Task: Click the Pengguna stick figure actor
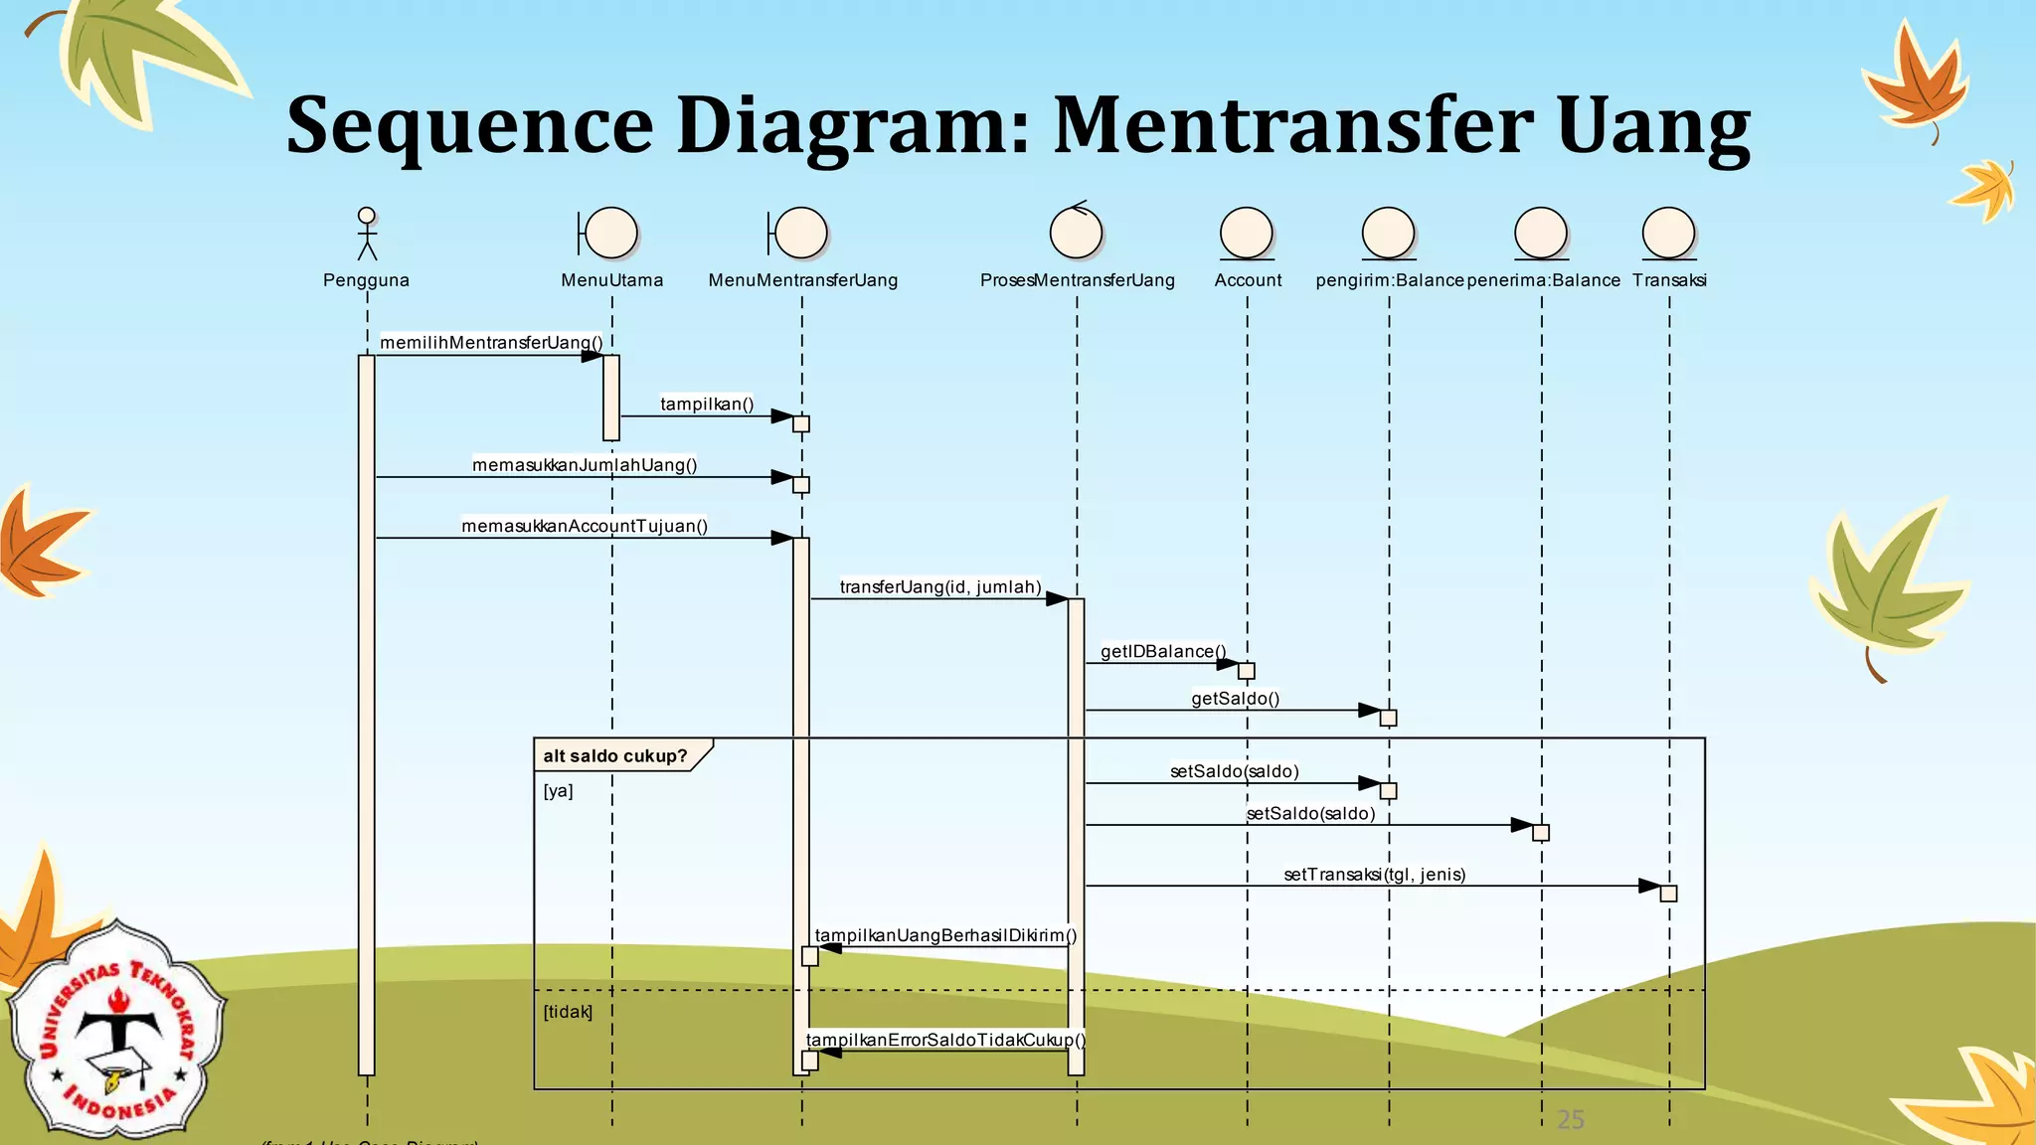pos(367,234)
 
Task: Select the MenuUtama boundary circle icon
pos(609,234)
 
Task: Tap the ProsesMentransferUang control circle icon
pos(1076,232)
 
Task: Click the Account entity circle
pos(1247,234)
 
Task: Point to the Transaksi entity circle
pos(1668,234)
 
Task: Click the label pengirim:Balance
pos(1389,280)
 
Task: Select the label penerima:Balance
pos(1543,280)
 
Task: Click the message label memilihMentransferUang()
pos(491,343)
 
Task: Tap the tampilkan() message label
pos(707,405)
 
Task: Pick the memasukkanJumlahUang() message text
pos(585,465)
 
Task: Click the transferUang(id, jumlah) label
pos(940,587)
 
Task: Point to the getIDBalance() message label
pos(1163,652)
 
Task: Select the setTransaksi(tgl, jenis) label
pos(1374,875)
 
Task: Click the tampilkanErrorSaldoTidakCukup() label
pos(945,1040)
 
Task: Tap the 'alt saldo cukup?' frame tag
pos(615,756)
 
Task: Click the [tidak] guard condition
pos(568,1012)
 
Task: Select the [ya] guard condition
pos(558,791)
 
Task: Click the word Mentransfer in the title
pos(1293,126)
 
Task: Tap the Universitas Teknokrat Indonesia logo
pos(117,1030)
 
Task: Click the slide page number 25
pos(1571,1120)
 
